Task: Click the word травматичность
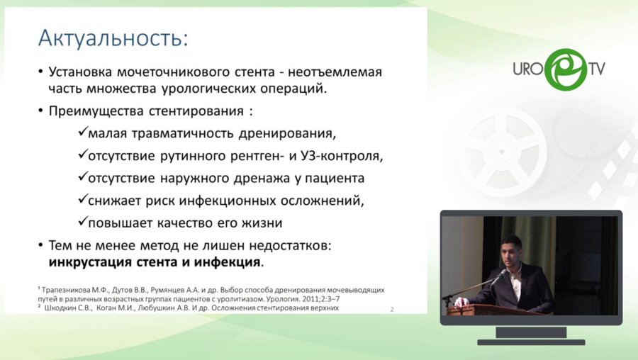click(x=184, y=134)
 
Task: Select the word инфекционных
click(x=225, y=200)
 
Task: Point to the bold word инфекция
click(x=230, y=262)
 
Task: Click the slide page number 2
click(x=393, y=309)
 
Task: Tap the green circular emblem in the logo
click(x=566, y=69)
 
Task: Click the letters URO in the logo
click(x=528, y=70)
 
